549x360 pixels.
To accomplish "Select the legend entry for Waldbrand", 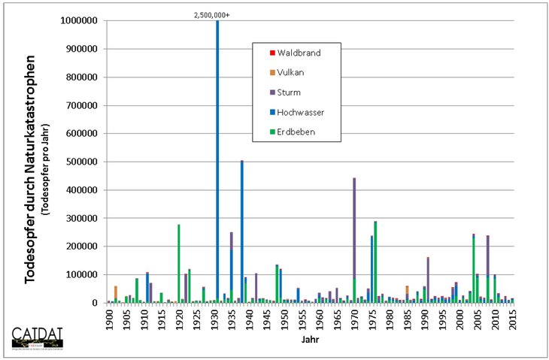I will click(x=299, y=53).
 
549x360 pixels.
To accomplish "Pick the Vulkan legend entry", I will click(x=294, y=72).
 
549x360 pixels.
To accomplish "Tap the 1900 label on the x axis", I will click(x=109, y=317).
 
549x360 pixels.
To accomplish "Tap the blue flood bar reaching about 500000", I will click(x=242, y=225).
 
